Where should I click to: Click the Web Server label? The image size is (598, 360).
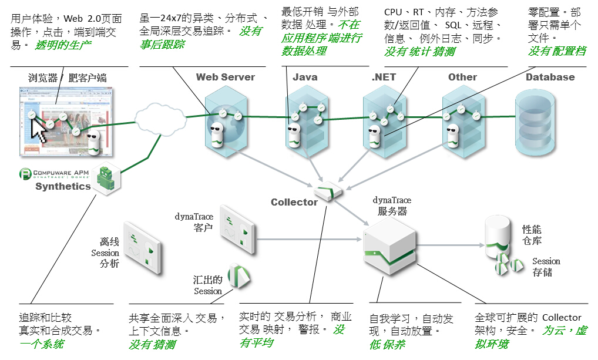(226, 77)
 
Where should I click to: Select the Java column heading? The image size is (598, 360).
(305, 77)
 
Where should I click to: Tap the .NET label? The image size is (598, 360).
(384, 77)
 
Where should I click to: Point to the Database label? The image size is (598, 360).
(550, 77)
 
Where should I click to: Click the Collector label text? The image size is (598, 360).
(294, 202)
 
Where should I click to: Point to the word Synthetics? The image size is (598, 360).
(63, 187)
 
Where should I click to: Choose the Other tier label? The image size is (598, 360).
(462, 77)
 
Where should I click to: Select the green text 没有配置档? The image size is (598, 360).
(557, 52)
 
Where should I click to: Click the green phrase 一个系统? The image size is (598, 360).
(42, 344)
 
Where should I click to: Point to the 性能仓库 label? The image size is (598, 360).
(532, 235)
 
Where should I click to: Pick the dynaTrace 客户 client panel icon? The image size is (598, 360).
(238, 230)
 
